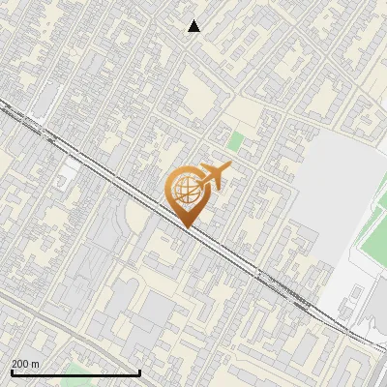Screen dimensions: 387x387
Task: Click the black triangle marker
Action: point(194,26)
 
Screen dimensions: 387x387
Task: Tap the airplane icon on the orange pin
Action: point(214,176)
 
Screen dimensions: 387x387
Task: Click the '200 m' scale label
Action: point(25,364)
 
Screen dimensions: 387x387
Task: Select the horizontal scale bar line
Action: point(75,372)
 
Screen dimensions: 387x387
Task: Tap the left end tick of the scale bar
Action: point(11,371)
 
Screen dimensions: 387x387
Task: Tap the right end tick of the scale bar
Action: point(140,371)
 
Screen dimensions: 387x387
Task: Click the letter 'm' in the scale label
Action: point(35,364)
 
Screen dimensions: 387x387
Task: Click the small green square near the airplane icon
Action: point(236,140)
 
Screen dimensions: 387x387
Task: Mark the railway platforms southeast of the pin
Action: point(281,284)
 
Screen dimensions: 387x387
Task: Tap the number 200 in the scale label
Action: point(20,364)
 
